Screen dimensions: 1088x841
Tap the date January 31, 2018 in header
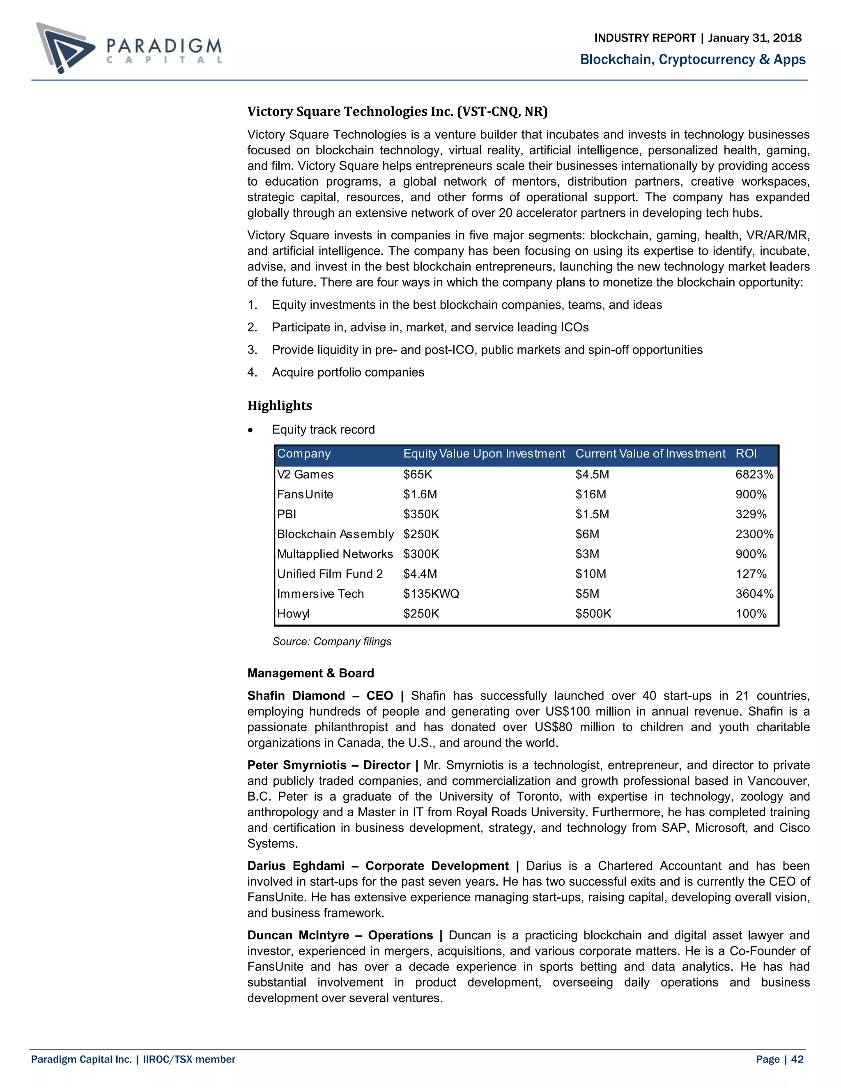(x=754, y=38)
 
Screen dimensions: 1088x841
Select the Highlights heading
(x=280, y=406)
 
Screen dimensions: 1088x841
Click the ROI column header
(x=746, y=454)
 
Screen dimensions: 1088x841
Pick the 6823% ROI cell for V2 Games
(x=754, y=475)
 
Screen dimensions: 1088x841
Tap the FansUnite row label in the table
(x=305, y=495)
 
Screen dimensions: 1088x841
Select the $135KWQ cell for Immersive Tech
(x=431, y=594)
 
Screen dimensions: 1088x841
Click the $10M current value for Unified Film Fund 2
(x=591, y=574)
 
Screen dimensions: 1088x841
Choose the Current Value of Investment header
(x=650, y=454)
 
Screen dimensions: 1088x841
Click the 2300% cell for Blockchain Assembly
(x=754, y=535)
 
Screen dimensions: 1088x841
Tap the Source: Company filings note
(x=332, y=642)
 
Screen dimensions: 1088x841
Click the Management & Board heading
(x=310, y=673)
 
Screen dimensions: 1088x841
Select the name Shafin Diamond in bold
(x=296, y=695)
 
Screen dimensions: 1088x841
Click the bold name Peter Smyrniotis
(x=297, y=765)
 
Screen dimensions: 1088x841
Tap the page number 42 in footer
(x=797, y=1059)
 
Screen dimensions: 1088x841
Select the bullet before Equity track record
(x=250, y=430)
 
